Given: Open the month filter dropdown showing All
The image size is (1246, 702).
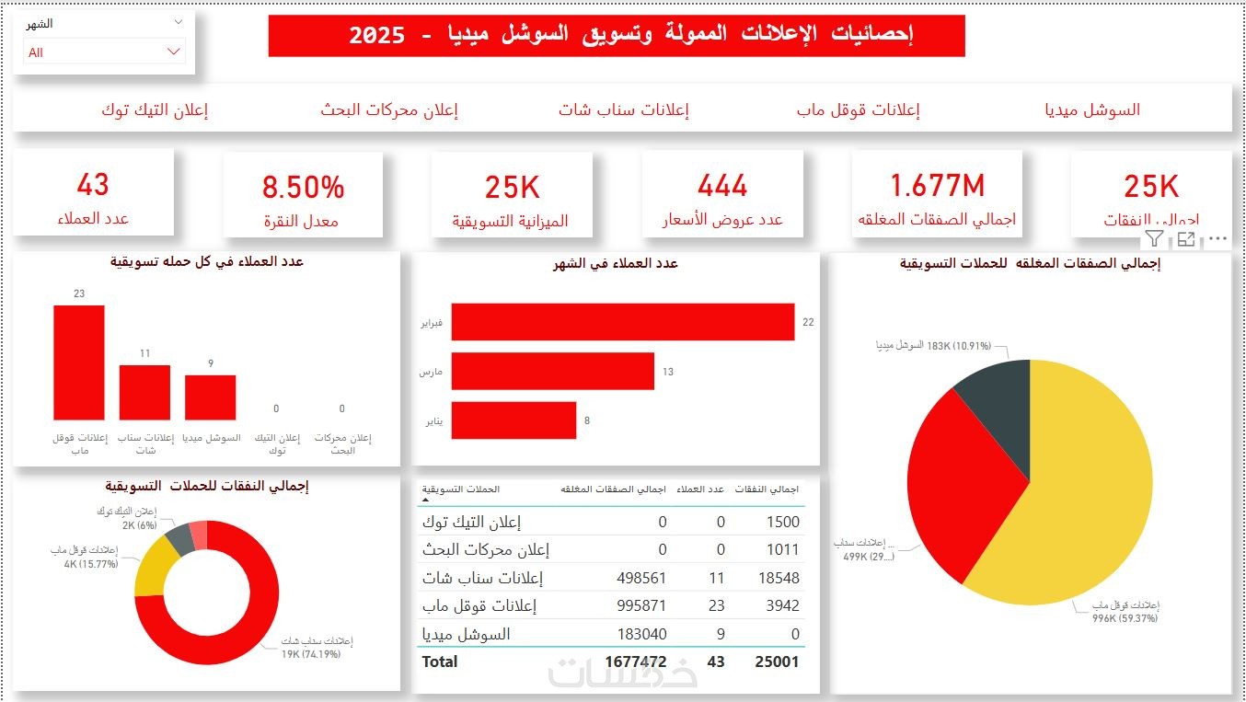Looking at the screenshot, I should coord(104,52).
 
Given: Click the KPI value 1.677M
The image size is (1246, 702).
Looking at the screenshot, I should coord(937,186).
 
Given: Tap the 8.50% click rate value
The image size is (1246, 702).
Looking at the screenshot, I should coord(303,187).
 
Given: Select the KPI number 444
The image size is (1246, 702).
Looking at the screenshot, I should coord(722,186).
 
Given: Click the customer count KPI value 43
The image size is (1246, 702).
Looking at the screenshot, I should coord(93,184).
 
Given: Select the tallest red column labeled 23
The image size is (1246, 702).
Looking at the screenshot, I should coord(79,363).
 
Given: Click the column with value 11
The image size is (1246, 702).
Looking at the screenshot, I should coord(144,393).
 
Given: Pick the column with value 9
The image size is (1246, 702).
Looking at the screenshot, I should coord(210,397).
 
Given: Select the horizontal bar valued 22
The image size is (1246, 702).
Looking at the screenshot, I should coord(622,322).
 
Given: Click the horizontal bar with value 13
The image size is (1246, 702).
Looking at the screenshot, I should coord(552,372).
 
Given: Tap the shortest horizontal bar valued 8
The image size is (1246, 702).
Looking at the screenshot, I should coord(513,420).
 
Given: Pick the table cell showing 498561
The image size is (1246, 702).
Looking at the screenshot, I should coord(641,578).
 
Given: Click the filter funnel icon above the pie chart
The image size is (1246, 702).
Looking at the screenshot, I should coord(1154,239).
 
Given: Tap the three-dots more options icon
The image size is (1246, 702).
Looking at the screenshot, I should coord(1217,239).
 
